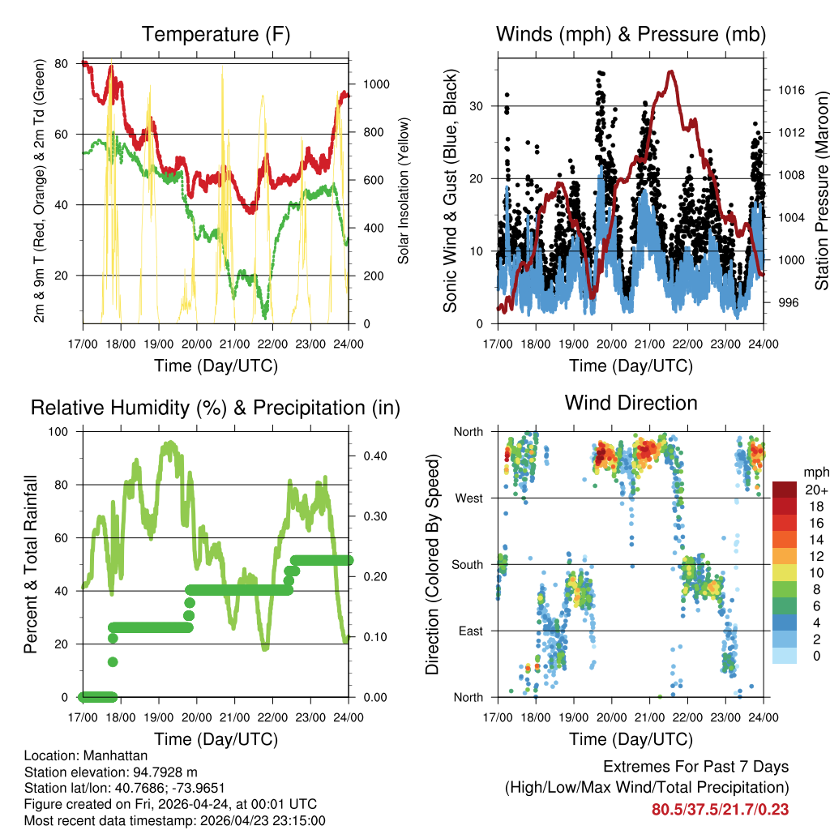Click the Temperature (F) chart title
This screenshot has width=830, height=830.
click(216, 34)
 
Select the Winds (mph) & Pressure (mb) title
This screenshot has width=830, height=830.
click(631, 34)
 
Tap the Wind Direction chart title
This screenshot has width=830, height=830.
click(631, 403)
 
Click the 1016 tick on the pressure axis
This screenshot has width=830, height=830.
click(791, 90)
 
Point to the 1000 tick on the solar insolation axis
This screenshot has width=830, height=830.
click(376, 84)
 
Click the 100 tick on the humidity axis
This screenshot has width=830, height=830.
click(58, 432)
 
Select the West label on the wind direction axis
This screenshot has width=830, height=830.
click(469, 498)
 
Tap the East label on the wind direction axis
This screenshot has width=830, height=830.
click(471, 631)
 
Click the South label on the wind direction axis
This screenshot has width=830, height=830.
click(468, 565)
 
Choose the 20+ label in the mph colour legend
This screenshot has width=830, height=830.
click(816, 490)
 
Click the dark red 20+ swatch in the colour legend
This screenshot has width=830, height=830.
click(784, 490)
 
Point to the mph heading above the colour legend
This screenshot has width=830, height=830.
click(815, 473)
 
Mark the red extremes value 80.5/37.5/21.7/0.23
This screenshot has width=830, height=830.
click(720, 810)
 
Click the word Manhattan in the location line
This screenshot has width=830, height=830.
click(115, 755)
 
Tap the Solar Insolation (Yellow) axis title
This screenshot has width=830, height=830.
click(404, 190)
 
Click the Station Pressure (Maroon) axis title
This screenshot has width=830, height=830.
click(821, 190)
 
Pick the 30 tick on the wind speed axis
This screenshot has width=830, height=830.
click(476, 106)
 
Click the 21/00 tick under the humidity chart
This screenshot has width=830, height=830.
click(234, 717)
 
